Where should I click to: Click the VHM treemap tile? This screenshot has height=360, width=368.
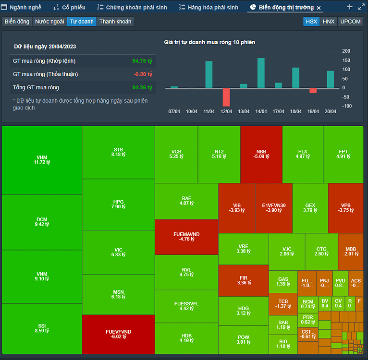tap(42, 160)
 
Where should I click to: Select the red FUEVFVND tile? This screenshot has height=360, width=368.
tap(118, 334)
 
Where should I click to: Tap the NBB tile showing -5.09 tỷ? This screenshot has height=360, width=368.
tap(261, 154)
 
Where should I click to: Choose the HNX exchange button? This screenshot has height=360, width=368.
tap(329, 22)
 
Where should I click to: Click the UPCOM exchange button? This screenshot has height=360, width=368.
tap(350, 22)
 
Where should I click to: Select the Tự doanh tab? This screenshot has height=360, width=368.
tap(82, 22)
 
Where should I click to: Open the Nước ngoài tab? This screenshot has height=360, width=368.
tap(49, 22)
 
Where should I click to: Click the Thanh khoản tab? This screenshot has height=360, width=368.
tap(115, 22)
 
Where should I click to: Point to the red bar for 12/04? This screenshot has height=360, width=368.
tap(226, 97)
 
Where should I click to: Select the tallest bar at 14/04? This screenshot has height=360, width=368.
tap(261, 73)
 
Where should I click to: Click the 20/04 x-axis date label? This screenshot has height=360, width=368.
tap(330, 111)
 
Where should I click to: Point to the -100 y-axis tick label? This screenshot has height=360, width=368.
tap(346, 106)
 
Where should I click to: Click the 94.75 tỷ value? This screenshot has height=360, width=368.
tap(142, 61)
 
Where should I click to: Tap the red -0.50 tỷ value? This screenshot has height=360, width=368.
tap(143, 74)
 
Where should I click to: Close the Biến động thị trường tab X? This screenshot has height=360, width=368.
tap(319, 8)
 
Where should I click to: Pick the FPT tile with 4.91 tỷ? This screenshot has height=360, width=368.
tap(343, 154)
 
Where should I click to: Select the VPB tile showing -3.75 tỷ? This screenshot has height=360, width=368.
tap(345, 207)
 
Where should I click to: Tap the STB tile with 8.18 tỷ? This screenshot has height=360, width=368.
tap(118, 152)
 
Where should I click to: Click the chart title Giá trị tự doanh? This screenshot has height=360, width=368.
tap(209, 42)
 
